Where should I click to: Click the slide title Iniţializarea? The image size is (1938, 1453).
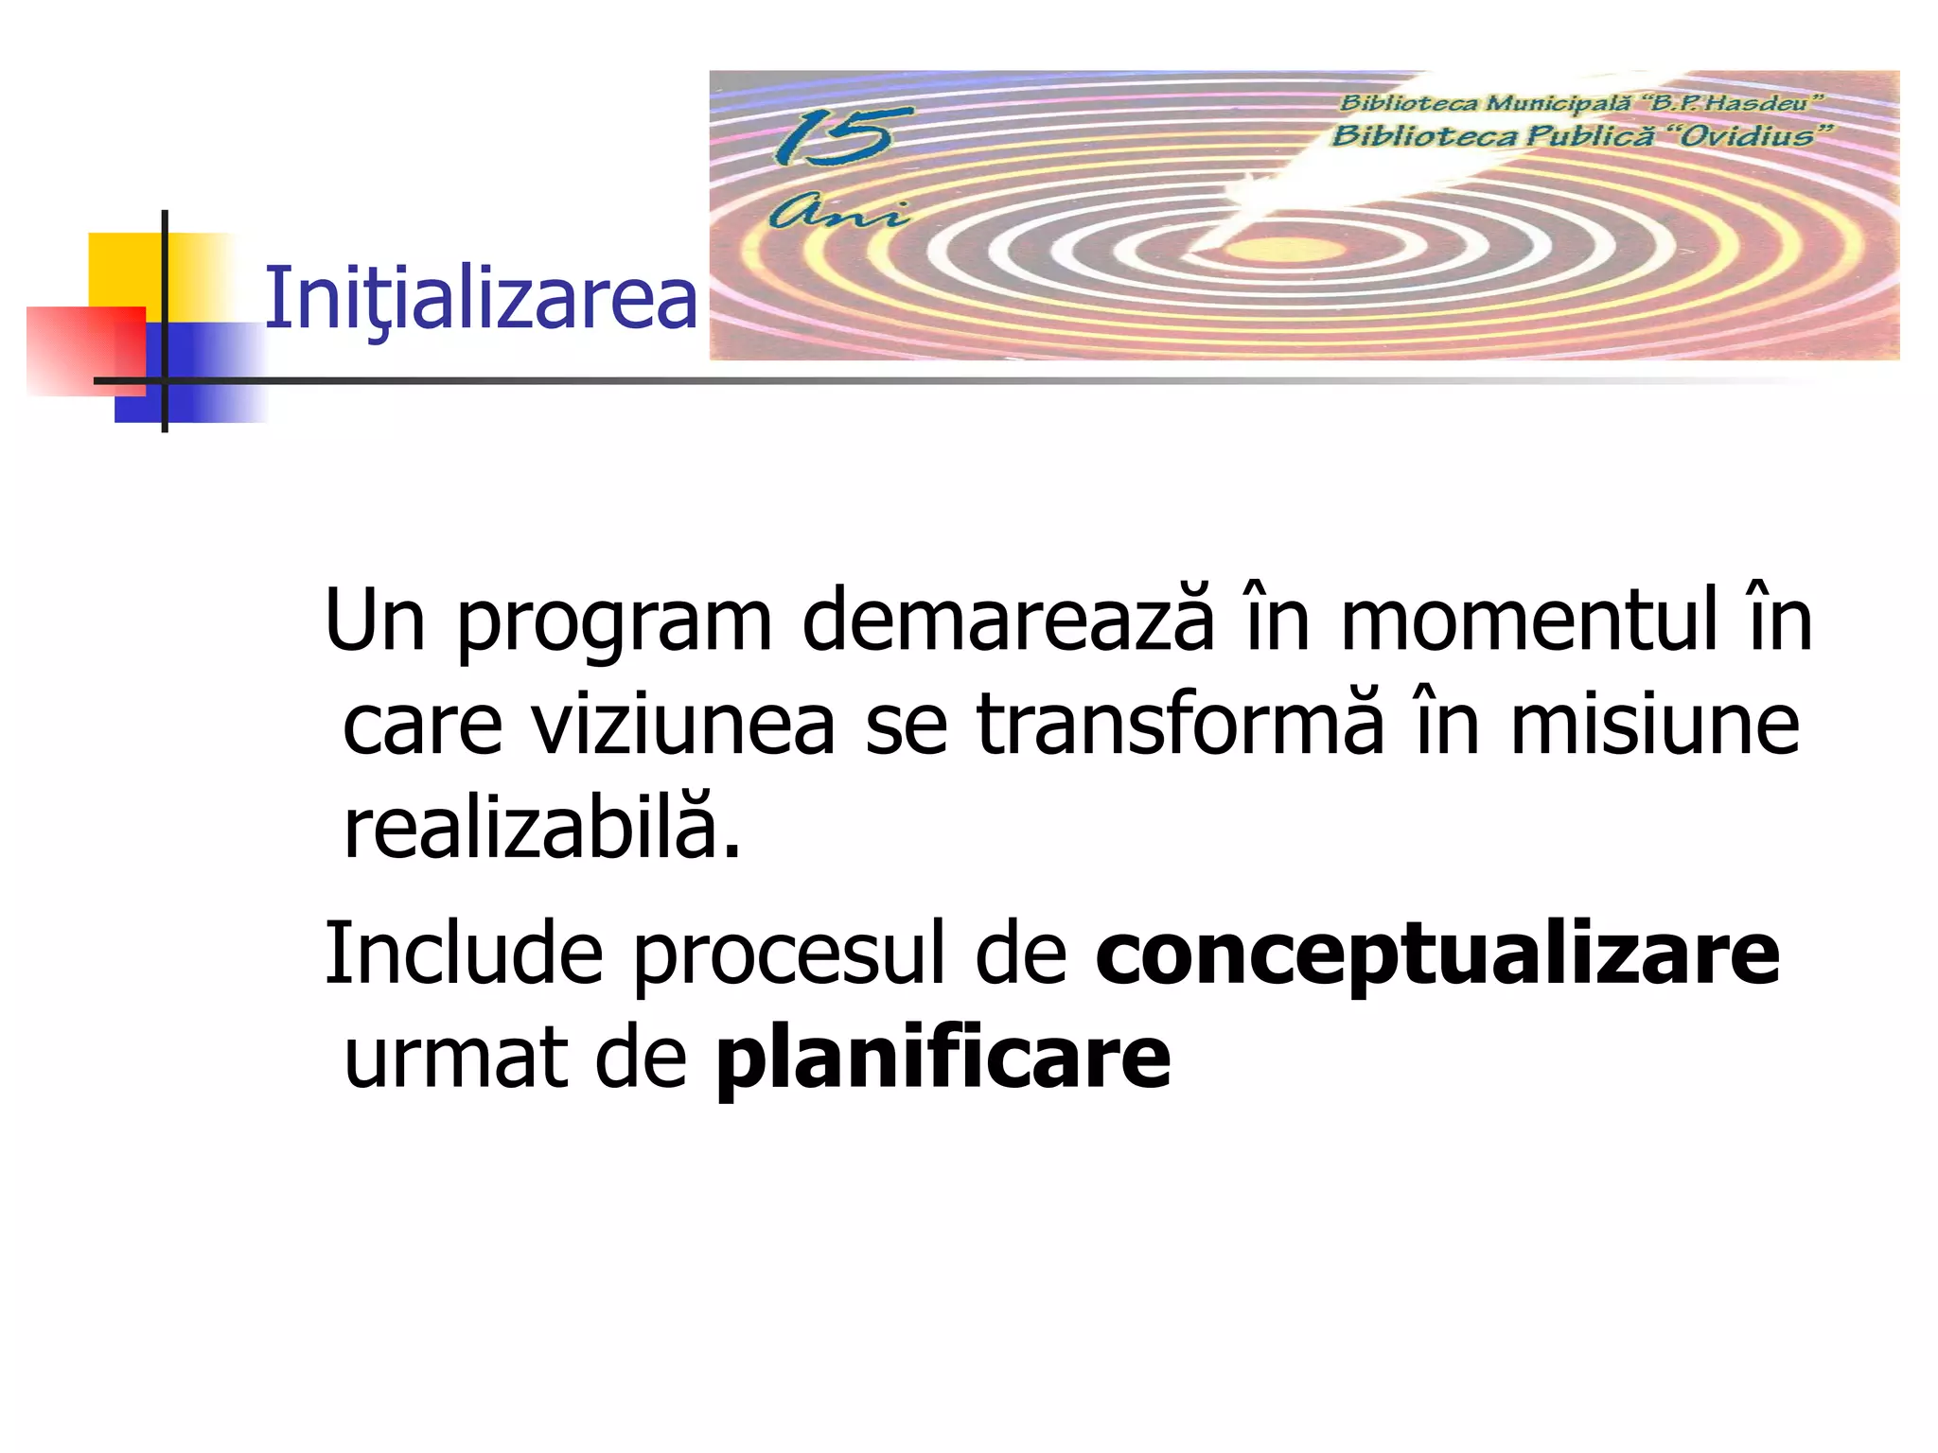point(481,299)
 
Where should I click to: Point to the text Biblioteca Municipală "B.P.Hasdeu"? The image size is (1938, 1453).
point(1581,102)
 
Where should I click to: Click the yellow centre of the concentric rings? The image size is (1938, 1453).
point(1282,251)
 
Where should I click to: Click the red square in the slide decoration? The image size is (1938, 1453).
point(85,350)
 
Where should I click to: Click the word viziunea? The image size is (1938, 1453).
point(683,725)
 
